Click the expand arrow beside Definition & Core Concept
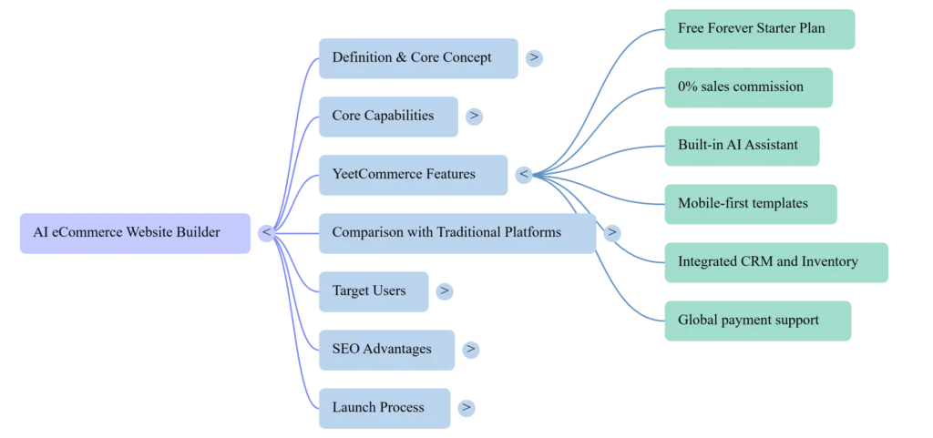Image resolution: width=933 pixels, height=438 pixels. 534,57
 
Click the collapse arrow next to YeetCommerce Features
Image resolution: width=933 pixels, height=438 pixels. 524,174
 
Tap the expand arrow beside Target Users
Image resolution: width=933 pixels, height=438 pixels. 444,290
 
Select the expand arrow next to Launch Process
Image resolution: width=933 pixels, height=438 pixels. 466,407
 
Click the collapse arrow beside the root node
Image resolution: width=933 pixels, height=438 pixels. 266,233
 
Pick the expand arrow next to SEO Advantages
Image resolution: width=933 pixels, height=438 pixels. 470,349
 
